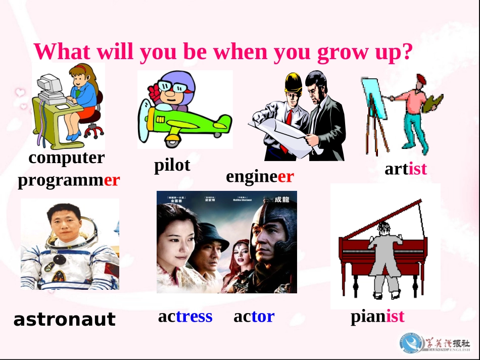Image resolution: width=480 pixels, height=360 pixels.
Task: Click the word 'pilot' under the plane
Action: (172, 165)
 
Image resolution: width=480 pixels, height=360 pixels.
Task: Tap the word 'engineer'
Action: (260, 176)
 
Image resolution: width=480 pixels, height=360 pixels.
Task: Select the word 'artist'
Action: (406, 169)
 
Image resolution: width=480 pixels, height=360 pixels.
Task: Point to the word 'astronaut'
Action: (64, 319)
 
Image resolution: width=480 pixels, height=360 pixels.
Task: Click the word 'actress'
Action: (185, 316)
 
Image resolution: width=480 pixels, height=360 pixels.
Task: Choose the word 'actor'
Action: (254, 316)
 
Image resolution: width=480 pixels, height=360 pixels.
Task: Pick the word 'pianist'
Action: (377, 316)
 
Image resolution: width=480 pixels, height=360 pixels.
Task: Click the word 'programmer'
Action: (69, 180)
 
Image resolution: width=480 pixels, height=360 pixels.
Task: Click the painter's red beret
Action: (420, 79)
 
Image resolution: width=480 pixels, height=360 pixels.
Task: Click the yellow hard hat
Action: (293, 81)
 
